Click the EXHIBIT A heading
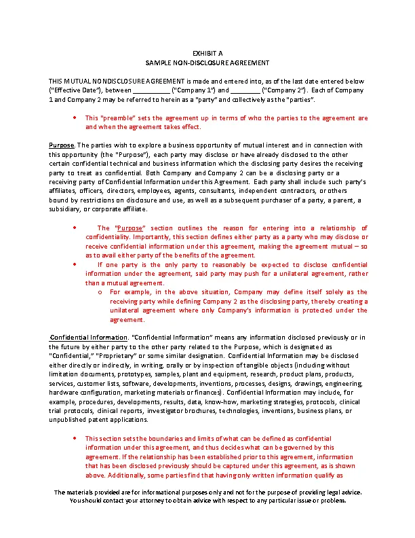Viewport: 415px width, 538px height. pos(207,53)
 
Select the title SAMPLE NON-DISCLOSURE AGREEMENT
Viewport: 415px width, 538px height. pos(207,62)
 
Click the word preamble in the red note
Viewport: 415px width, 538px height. pos(121,118)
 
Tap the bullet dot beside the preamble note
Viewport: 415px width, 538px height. pos(74,118)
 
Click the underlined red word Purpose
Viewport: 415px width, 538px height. pos(130,228)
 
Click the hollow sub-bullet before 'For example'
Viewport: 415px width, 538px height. pos(99,292)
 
